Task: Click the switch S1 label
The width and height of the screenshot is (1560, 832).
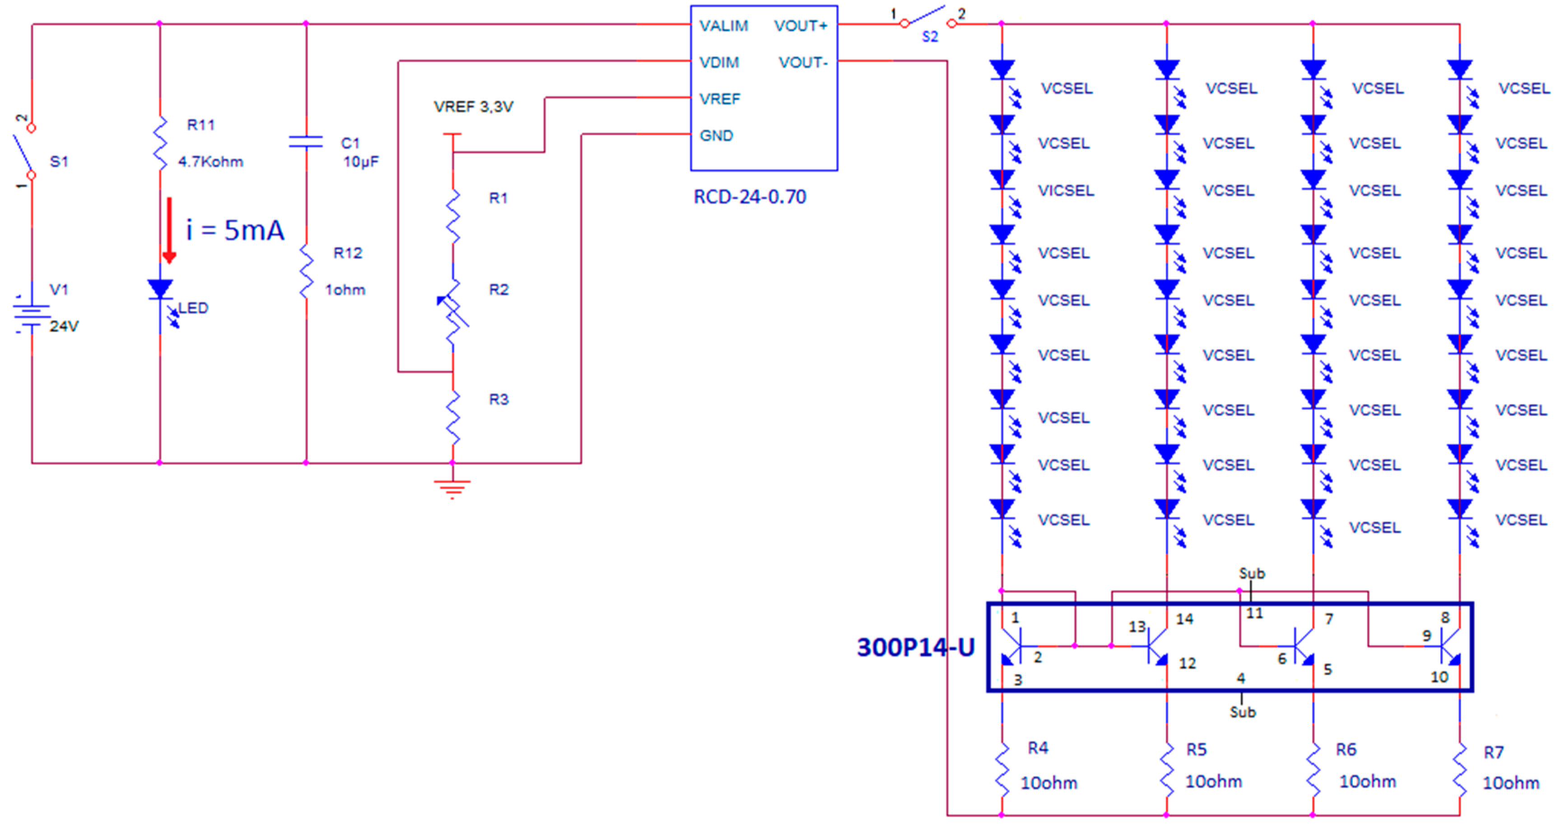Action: [59, 162]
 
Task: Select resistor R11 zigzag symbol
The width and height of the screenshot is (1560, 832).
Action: [160, 144]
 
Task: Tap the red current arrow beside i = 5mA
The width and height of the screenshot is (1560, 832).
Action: [170, 231]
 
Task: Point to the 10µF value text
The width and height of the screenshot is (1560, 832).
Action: [360, 162]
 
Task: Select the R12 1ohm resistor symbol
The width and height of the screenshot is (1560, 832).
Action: [307, 271]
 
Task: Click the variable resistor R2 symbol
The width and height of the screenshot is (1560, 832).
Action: [453, 310]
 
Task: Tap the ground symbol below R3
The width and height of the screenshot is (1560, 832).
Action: [452, 488]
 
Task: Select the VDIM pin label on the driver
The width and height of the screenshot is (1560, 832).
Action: [719, 62]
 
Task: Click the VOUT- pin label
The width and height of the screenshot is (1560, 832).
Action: [802, 62]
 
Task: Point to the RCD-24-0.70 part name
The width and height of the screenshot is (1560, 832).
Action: [749, 197]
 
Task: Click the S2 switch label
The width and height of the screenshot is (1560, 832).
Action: [930, 37]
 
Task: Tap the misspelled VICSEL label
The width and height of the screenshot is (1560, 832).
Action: [1066, 191]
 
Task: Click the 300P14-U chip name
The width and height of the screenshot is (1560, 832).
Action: [915, 647]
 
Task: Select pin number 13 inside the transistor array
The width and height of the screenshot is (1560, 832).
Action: [1136, 627]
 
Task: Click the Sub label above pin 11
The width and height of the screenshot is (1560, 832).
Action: [1251, 573]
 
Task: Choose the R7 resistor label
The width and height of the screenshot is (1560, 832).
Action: [1493, 752]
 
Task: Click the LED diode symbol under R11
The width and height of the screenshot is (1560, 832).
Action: [160, 289]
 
